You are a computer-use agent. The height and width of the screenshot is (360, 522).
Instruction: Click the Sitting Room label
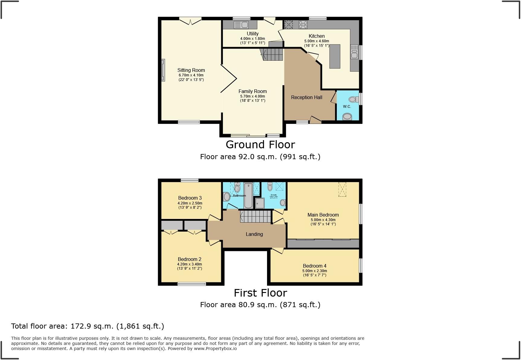click(x=191, y=70)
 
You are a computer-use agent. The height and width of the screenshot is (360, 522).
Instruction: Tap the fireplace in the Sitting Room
click(x=163, y=70)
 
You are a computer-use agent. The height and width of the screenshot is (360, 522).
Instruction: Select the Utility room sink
click(x=240, y=25)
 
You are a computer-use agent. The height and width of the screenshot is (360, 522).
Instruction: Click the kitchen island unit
click(x=334, y=56)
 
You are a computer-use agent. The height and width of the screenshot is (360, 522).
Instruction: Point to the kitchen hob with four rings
click(x=303, y=24)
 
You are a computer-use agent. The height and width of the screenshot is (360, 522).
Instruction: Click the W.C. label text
click(x=347, y=107)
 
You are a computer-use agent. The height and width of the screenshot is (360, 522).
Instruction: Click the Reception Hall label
click(x=306, y=97)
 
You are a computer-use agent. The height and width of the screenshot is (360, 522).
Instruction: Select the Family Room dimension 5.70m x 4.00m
click(x=253, y=96)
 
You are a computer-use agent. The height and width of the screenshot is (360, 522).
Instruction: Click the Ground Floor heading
click(x=260, y=145)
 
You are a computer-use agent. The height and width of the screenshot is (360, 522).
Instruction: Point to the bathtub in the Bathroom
click(x=248, y=195)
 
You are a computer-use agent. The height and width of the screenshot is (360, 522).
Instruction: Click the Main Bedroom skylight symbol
click(x=342, y=189)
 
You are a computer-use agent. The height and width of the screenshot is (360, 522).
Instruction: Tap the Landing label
click(x=254, y=234)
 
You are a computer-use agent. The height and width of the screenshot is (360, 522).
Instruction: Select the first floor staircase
click(x=256, y=217)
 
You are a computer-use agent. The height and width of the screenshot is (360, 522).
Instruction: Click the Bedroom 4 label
click(x=314, y=266)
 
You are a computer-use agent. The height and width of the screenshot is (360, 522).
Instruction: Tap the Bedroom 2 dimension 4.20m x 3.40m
click(x=189, y=264)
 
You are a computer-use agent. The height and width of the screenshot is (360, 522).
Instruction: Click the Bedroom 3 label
click(x=190, y=198)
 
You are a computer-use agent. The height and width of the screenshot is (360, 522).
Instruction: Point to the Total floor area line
click(x=88, y=326)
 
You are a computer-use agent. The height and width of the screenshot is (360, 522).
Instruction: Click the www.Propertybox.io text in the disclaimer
click(x=215, y=349)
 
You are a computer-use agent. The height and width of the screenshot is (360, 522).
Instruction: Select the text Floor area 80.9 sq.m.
click(x=238, y=305)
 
